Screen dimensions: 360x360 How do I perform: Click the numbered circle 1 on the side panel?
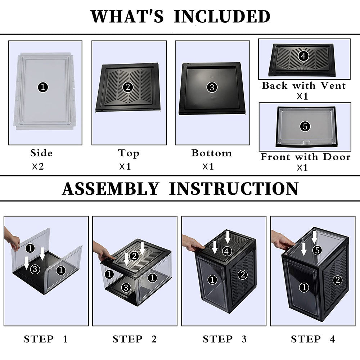(x=43, y=87)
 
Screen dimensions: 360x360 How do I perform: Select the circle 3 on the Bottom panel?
(x=211, y=87)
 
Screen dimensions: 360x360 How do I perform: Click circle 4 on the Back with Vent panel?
(x=303, y=56)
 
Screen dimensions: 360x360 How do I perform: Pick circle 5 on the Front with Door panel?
(x=305, y=126)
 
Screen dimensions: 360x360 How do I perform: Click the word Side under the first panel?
(x=41, y=153)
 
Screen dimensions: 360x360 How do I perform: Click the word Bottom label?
(x=211, y=153)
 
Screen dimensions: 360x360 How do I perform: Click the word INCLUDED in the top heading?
(x=222, y=16)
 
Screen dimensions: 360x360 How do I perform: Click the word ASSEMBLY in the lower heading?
(x=110, y=189)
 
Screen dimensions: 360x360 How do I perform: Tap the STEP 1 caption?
(x=46, y=339)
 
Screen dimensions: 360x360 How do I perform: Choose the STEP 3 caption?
(x=225, y=339)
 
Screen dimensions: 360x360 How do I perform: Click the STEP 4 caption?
(x=313, y=339)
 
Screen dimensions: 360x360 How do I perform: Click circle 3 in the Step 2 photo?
(x=126, y=287)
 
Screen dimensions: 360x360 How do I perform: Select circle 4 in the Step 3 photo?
(x=226, y=251)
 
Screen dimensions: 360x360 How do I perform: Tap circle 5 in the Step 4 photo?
(x=316, y=250)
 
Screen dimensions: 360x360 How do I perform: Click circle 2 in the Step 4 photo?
(x=337, y=280)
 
